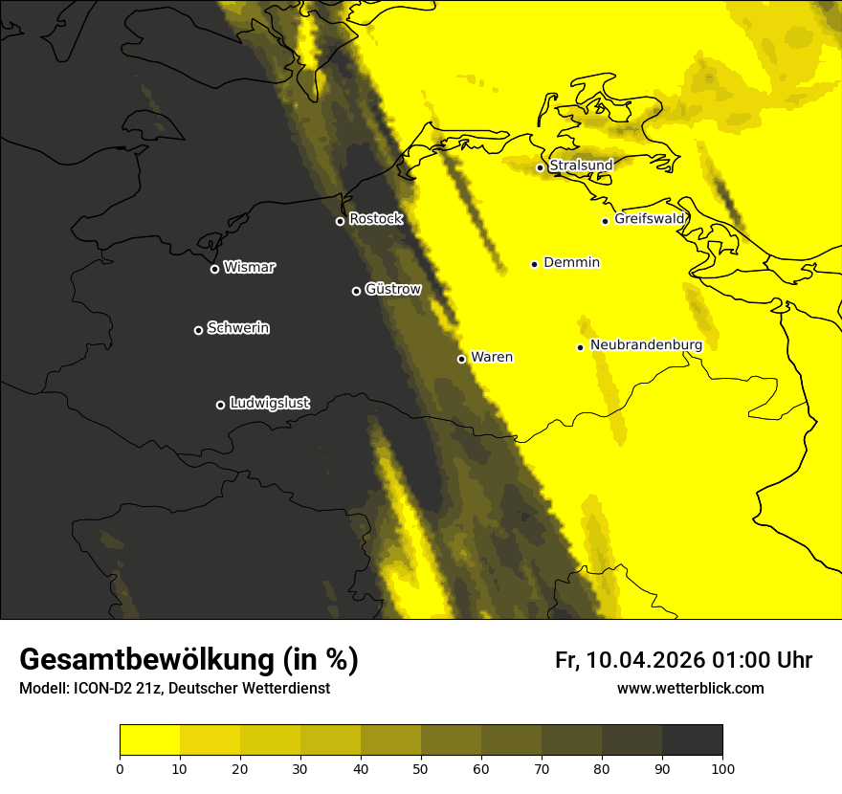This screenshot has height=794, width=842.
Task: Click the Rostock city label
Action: click(376, 219)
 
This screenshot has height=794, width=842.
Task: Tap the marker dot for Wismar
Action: click(214, 269)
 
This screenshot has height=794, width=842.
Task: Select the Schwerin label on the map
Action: click(238, 328)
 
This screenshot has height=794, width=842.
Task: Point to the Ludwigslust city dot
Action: click(220, 405)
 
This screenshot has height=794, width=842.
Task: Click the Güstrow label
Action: click(393, 289)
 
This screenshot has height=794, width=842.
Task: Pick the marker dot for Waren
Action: click(461, 359)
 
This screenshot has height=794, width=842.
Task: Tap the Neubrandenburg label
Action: click(646, 345)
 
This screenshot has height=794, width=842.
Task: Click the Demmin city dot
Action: click(534, 264)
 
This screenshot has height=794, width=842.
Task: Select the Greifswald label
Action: click(650, 219)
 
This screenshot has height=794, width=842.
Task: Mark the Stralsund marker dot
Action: click(540, 167)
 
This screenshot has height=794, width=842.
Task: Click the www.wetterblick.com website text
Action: click(691, 688)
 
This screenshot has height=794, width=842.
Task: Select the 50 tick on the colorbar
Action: click(421, 767)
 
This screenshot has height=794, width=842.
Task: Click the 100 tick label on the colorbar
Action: click(722, 767)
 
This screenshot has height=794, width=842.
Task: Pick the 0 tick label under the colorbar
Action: click(120, 767)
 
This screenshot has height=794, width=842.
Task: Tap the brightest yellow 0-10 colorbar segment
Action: click(149, 740)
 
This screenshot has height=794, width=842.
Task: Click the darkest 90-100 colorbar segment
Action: click(692, 740)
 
